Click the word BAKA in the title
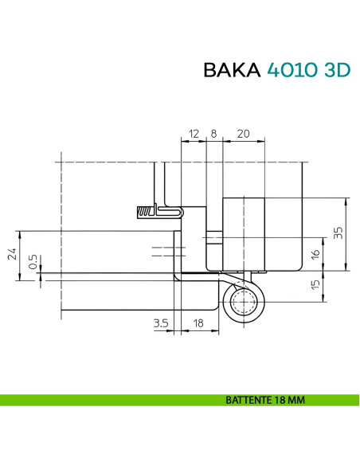[x=231, y=70]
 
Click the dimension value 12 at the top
[x=193, y=134]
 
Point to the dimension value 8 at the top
[x=213, y=134]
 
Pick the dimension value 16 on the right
[x=316, y=254]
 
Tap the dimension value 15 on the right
[x=316, y=285]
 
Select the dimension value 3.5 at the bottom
[x=160, y=322]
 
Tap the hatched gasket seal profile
[x=148, y=211]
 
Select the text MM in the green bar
[x=295, y=400]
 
